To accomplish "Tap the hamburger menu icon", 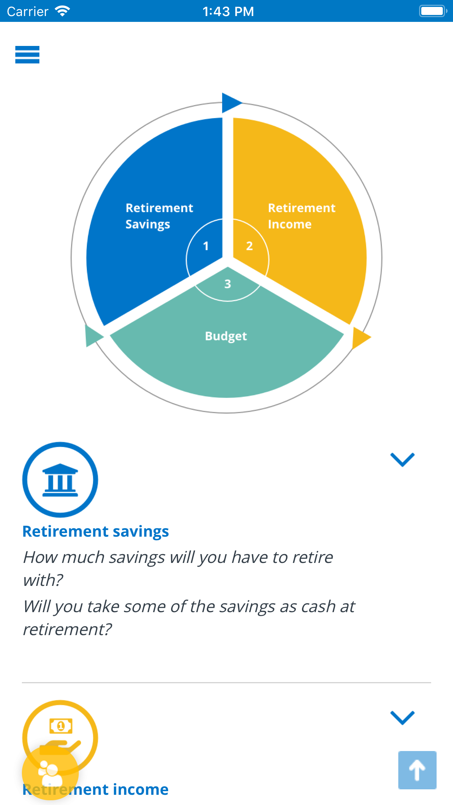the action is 27,55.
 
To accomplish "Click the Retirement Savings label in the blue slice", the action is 159,216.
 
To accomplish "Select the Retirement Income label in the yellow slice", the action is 302,216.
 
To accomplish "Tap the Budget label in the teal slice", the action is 226,336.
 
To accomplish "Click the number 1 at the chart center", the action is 206,246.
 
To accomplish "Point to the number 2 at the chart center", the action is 249,246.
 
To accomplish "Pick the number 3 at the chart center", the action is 228,284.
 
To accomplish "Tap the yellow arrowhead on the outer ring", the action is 361,338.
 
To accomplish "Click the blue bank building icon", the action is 60,480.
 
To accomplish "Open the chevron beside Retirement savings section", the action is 403,459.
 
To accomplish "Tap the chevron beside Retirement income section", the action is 403,717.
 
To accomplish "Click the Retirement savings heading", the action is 96,532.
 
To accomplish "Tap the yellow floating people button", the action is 50,773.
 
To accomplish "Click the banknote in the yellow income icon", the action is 61,726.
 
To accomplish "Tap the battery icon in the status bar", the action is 433,11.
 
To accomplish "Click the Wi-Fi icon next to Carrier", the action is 62,11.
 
